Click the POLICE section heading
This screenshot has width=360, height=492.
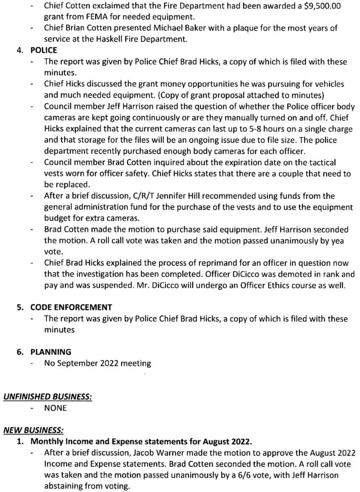tap(44, 50)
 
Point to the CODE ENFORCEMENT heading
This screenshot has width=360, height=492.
tap(71, 307)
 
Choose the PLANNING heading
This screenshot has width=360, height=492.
tap(50, 352)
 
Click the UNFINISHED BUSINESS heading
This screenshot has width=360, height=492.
tap(48, 397)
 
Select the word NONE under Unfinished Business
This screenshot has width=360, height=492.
tap(55, 408)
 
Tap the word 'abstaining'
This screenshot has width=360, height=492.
tap(66, 486)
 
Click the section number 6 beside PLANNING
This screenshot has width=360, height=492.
tap(20, 352)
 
